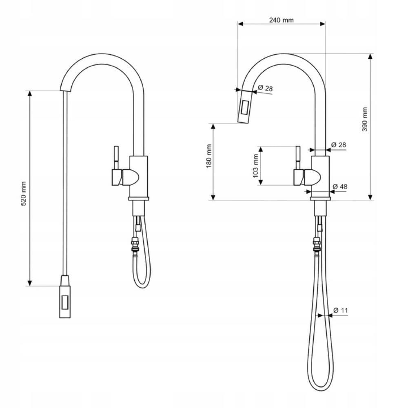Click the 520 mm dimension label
coord(24,193)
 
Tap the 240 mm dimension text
coord(281,20)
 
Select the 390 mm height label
coord(364,120)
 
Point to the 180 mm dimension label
coord(208,156)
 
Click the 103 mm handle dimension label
coord(255,166)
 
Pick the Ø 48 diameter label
coord(340,186)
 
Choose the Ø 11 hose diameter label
coord(341,310)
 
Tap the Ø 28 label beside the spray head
coord(266,88)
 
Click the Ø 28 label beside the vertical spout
coord(339,145)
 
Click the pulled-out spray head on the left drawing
coord(65,297)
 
